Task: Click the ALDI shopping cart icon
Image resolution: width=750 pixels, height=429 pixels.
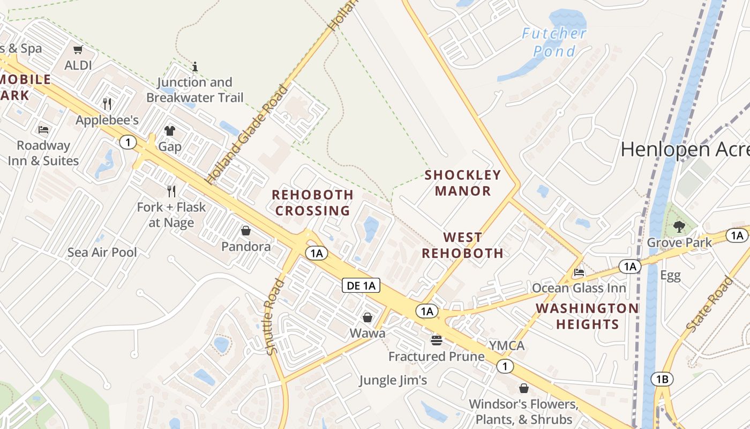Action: [78, 50]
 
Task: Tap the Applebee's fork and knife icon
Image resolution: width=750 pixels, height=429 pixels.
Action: [107, 103]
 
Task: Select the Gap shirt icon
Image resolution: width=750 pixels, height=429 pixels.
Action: [170, 130]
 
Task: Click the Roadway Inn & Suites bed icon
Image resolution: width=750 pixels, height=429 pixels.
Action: [43, 130]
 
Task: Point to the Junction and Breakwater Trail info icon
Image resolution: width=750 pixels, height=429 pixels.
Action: [195, 67]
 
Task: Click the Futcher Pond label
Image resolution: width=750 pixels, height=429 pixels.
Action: [554, 42]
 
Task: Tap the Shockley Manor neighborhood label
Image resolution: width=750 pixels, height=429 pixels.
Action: [463, 183]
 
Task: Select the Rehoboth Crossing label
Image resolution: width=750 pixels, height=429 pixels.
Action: [313, 203]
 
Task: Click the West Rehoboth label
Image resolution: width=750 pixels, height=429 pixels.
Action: [463, 245]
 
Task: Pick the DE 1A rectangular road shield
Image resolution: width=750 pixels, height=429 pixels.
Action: [361, 285]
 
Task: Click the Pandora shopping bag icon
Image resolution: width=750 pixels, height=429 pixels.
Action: [246, 231]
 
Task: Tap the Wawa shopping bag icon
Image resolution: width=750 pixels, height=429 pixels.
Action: [367, 317]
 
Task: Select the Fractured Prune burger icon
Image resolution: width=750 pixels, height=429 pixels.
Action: [437, 340]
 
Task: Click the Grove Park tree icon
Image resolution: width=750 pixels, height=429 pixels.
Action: [679, 227]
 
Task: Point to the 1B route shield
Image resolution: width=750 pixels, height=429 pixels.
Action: [662, 380]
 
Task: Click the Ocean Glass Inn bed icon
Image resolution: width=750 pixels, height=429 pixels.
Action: [579, 272]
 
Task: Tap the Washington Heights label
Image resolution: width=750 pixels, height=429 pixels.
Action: [587, 316]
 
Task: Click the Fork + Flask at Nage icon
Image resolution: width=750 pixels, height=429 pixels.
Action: [171, 190]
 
